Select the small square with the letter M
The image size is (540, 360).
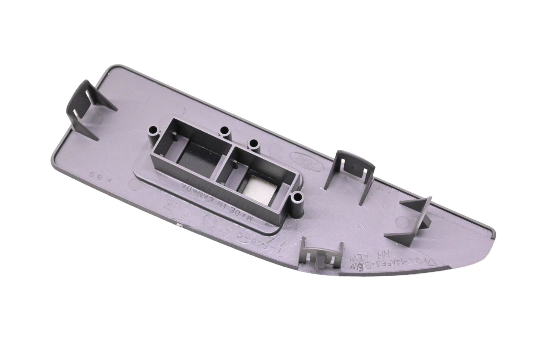pos(169,206)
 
